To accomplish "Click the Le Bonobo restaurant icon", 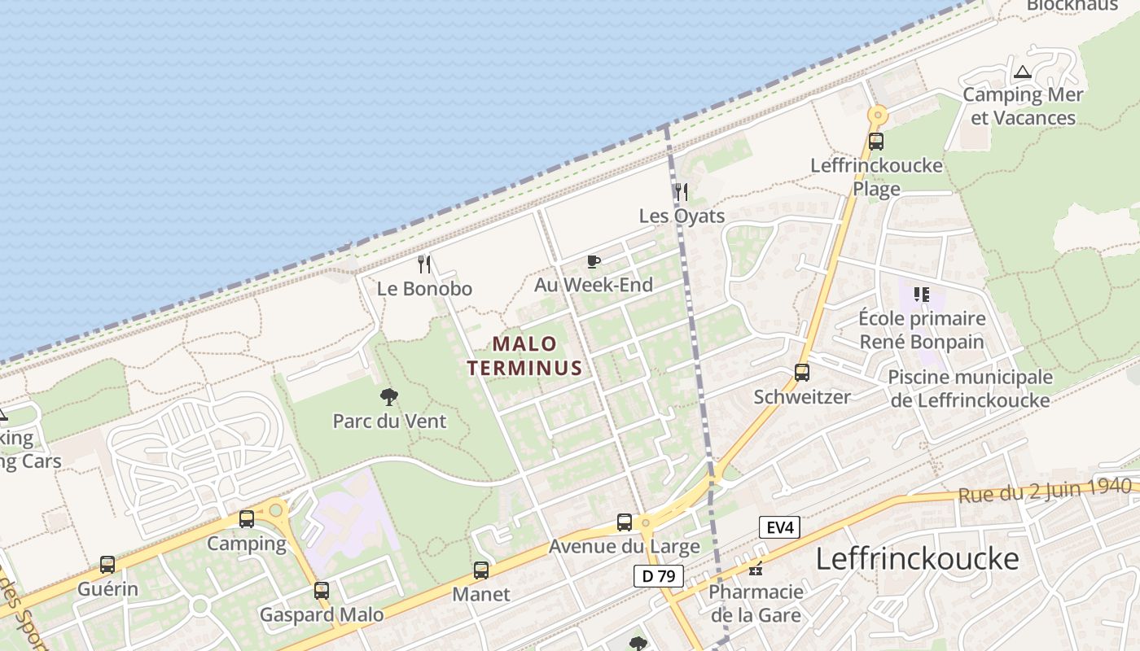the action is [x=424, y=264].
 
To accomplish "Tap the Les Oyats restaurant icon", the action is [x=682, y=192].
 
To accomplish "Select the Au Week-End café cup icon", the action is [x=594, y=261].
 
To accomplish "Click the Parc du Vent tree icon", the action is [x=389, y=397].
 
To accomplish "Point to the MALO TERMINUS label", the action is [x=525, y=356].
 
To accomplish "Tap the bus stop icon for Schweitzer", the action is [x=802, y=373].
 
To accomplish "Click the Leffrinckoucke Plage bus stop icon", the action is [x=876, y=141].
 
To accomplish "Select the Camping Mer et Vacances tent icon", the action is [x=1023, y=72].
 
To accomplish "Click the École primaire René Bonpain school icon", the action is [x=922, y=294].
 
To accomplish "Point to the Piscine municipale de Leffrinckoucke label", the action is [x=970, y=389].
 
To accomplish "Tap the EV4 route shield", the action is [x=779, y=527].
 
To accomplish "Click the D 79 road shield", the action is [x=658, y=576].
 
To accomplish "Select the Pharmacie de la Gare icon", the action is [x=756, y=568].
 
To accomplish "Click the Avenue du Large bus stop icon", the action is [x=625, y=522].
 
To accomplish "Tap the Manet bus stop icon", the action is [x=481, y=570].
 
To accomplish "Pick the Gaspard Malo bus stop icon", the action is [x=322, y=591].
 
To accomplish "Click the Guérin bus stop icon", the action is [x=107, y=565].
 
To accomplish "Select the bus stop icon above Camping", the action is [x=247, y=519].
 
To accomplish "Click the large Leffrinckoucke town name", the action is [x=917, y=559].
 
